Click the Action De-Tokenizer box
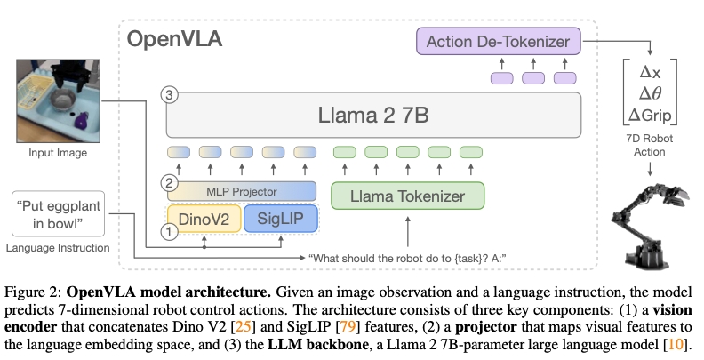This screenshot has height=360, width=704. (499, 41)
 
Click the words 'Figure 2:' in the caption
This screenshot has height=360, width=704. (41, 289)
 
